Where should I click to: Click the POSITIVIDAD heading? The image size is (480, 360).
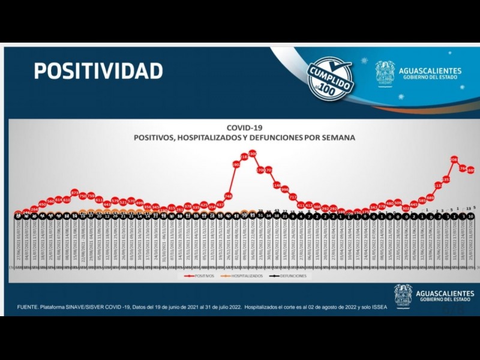[98, 71]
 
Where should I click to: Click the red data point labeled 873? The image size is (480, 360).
[75, 193]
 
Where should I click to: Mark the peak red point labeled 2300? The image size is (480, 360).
[253, 154]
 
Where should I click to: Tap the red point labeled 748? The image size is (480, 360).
[229, 196]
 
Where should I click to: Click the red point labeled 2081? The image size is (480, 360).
[454, 160]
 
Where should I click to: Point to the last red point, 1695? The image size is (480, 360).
[471, 170]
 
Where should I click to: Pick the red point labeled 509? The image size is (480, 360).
[398, 203]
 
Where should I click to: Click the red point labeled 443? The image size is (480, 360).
[107, 204]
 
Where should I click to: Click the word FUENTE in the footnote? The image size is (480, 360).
[30, 307]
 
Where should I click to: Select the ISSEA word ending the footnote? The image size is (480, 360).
[379, 307]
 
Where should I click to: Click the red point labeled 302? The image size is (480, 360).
[406, 208]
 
